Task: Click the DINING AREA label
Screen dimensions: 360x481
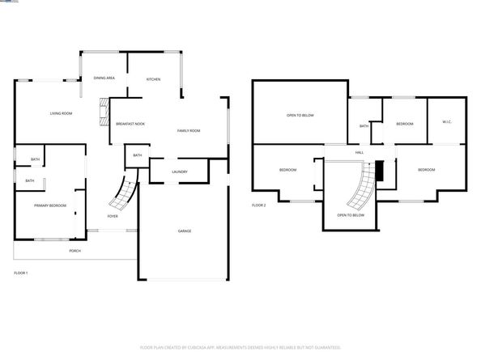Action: [x=104, y=78]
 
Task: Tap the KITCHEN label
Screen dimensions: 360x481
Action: [x=153, y=79]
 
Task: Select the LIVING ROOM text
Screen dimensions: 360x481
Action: [x=61, y=113]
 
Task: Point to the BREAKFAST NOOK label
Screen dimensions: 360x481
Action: [x=130, y=124]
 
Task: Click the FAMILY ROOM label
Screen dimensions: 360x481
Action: [x=189, y=131]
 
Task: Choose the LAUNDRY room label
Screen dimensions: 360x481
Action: [x=180, y=172]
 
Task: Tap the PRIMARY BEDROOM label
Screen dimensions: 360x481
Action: [x=49, y=205]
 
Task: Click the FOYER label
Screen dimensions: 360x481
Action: [x=113, y=216]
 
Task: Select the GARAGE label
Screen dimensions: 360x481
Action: [x=185, y=231]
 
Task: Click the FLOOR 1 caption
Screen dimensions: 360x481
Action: [x=21, y=273]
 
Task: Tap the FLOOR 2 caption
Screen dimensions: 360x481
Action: [x=258, y=205]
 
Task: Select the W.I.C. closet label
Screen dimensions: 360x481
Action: [x=447, y=123]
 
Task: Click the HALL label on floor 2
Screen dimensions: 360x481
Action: [x=359, y=151]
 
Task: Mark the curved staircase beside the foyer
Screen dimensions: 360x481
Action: [x=124, y=193]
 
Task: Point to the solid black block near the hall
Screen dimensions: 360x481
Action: [x=377, y=171]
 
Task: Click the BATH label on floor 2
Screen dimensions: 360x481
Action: [x=364, y=126]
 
